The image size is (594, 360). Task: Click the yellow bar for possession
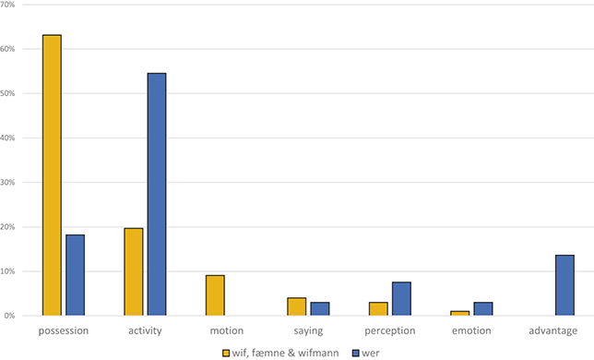(52, 175)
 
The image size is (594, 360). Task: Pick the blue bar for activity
(157, 194)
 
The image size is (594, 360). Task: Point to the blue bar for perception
(401, 299)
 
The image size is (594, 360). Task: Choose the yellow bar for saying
(297, 306)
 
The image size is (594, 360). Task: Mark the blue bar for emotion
(482, 308)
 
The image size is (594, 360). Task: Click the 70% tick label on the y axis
(11, 6)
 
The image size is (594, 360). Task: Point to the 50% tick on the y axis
(11, 94)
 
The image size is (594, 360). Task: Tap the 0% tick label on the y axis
(13, 316)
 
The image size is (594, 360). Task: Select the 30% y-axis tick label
(11, 183)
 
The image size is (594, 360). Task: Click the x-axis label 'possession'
(64, 330)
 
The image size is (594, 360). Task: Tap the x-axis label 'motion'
(227, 330)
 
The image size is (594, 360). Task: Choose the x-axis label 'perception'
(389, 330)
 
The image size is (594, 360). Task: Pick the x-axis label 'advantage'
(553, 330)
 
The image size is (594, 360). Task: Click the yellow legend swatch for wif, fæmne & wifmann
(226, 352)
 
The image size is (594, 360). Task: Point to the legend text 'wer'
(361, 352)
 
